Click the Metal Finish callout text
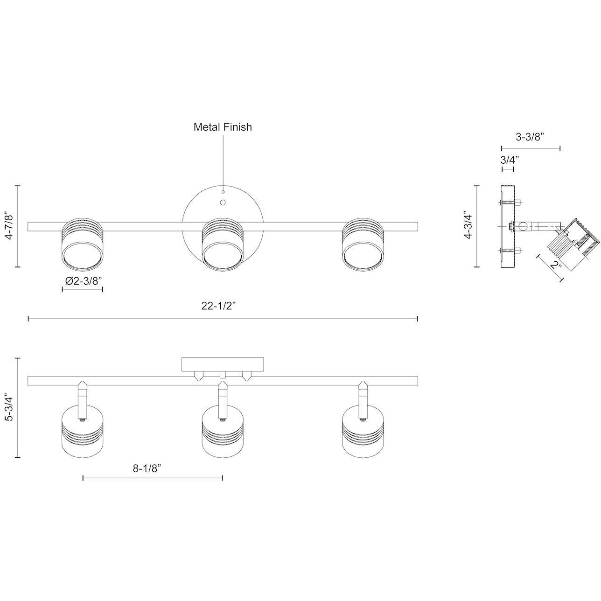[x=223, y=127]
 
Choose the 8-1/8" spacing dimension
[x=147, y=468]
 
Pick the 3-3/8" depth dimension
[x=530, y=137]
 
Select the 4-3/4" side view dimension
[x=467, y=226]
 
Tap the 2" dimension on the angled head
[x=555, y=266]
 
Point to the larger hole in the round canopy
[x=223, y=203]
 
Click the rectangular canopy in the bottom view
[x=223, y=364]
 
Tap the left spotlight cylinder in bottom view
[x=83, y=432]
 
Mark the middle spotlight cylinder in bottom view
[x=223, y=432]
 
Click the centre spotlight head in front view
[x=223, y=245]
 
